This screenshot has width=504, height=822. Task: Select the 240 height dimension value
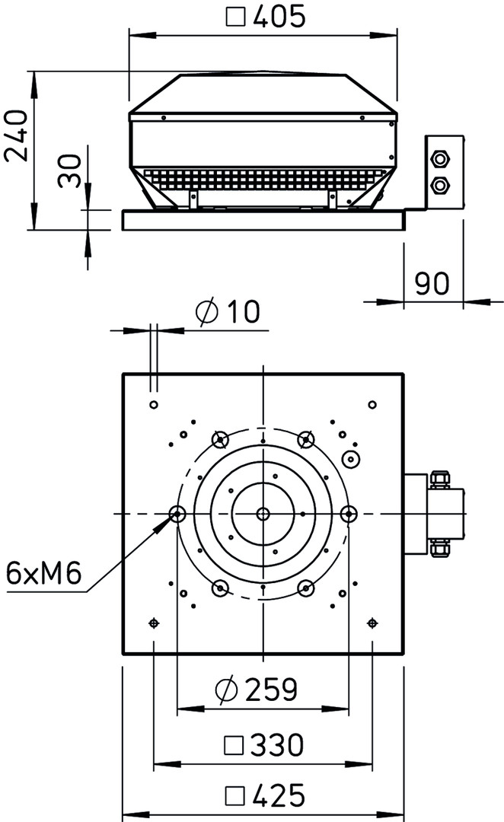click(x=17, y=135)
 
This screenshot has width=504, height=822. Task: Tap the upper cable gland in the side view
click(x=438, y=159)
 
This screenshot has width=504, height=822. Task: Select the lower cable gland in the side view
click(x=438, y=185)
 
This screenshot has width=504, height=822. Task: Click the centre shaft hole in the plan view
click(x=263, y=514)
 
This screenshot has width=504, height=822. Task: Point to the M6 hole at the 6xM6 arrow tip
click(x=177, y=514)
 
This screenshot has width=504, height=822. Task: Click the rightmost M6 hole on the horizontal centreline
click(x=348, y=514)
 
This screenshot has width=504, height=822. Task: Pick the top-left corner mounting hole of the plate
click(x=154, y=404)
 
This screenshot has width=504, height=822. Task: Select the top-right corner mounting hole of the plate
click(x=372, y=404)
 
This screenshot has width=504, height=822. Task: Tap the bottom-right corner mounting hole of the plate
click(x=372, y=623)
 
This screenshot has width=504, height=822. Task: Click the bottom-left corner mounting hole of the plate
click(x=154, y=623)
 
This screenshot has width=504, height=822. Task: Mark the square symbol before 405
click(x=237, y=18)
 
